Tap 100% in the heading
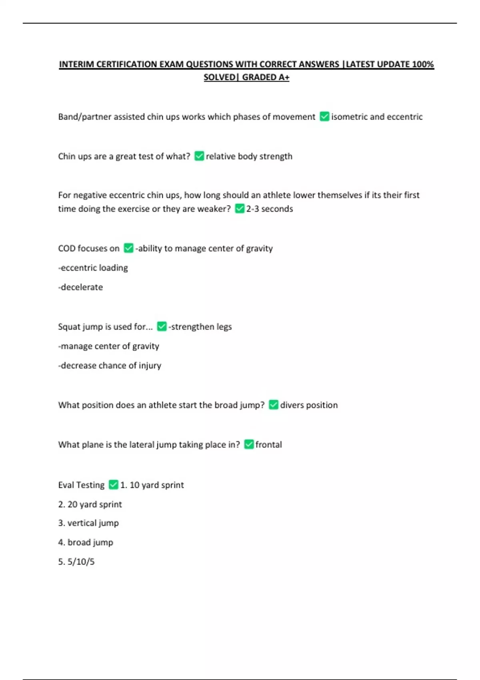click(423, 64)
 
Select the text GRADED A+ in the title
click(266, 77)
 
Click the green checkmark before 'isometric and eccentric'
click(324, 116)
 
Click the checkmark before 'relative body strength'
click(199, 156)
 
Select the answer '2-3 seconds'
click(269, 209)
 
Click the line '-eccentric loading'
click(93, 268)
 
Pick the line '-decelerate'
click(81, 287)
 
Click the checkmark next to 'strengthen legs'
click(162, 326)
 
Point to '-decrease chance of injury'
click(110, 366)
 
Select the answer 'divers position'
click(309, 405)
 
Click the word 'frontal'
click(268, 445)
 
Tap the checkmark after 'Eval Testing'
click(114, 485)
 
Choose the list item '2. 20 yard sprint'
click(90, 504)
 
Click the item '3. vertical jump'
click(88, 523)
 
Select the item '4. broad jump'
click(86, 542)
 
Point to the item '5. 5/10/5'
click(76, 562)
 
